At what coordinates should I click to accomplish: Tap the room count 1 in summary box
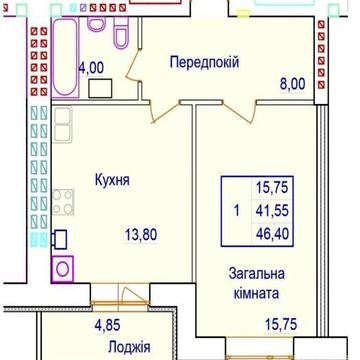235,211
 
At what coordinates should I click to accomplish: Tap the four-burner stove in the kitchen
61,203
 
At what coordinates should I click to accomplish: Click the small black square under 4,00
99,87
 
